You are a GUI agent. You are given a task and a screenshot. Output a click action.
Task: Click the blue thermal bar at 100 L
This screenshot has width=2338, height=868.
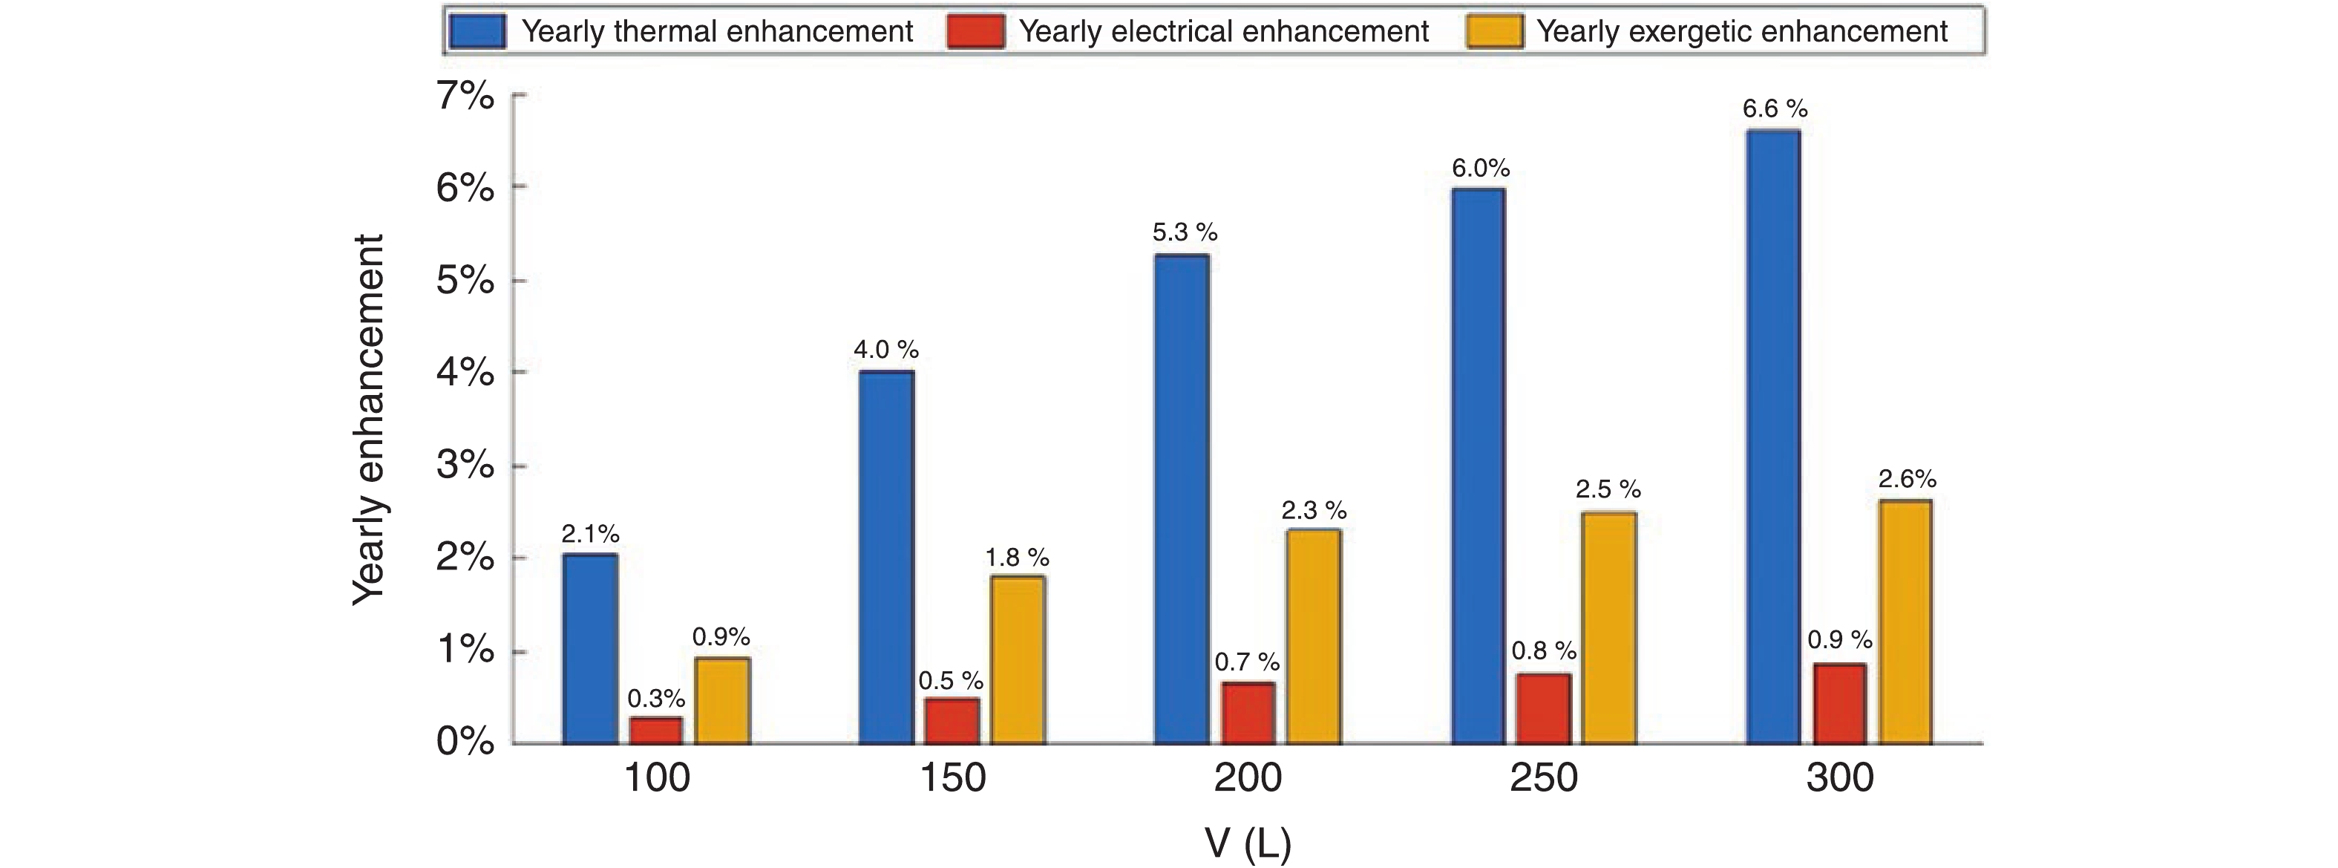(x=590, y=649)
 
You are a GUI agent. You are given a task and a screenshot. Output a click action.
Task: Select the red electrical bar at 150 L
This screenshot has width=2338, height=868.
(x=952, y=721)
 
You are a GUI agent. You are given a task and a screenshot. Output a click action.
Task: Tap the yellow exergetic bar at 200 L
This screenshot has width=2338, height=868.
(x=1313, y=636)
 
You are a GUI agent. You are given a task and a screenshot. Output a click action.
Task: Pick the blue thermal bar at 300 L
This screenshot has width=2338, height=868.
(x=1773, y=437)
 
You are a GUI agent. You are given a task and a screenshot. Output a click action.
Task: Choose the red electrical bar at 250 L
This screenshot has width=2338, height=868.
(x=1544, y=708)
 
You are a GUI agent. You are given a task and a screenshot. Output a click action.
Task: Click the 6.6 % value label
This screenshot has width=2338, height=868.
(x=1775, y=109)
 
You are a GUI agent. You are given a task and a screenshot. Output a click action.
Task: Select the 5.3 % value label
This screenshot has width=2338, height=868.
(x=1185, y=232)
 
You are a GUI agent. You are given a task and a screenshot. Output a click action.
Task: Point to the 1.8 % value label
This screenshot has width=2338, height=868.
(x=1017, y=557)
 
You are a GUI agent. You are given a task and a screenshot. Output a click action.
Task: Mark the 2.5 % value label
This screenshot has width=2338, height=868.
(x=1608, y=489)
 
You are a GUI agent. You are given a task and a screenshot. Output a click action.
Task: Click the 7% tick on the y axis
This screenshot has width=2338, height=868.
(x=465, y=95)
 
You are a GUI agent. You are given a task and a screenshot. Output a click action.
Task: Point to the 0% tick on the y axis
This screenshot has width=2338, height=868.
(x=465, y=743)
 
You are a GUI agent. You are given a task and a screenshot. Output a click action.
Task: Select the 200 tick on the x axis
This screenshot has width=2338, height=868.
(x=1248, y=778)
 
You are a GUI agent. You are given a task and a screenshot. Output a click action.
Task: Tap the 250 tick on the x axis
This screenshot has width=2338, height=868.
(x=1544, y=778)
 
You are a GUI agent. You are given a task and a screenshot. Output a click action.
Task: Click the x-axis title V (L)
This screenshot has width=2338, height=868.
(x=1248, y=843)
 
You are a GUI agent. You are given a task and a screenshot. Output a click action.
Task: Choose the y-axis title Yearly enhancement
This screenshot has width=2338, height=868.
(x=367, y=420)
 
